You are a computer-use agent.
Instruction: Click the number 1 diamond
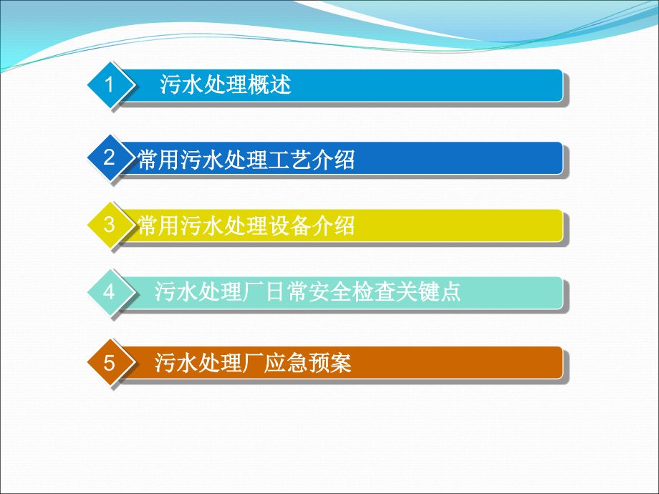110,85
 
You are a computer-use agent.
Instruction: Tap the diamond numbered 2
110,158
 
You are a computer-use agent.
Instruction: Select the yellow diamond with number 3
110,225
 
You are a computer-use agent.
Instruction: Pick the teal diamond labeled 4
110,292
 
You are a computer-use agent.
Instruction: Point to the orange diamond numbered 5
110,362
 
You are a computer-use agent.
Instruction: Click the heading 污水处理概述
225,84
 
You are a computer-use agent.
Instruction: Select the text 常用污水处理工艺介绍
246,160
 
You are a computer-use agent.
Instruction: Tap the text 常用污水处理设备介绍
246,226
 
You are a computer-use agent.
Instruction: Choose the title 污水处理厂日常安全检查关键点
307,291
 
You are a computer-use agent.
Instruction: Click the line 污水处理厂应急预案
253,362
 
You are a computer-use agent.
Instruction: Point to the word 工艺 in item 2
290,160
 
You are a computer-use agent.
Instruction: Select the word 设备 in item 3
290,226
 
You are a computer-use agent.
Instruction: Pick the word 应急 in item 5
286,362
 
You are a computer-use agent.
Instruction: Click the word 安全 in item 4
329,291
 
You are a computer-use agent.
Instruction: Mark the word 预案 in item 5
329,362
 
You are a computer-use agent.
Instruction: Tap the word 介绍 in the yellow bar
334,226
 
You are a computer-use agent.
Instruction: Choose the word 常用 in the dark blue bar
159,160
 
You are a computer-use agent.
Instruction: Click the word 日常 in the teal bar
286,291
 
